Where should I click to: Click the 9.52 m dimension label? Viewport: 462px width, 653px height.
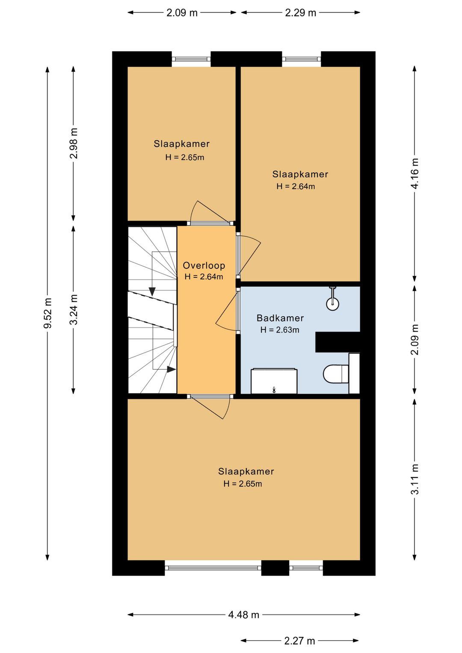[x=48, y=313]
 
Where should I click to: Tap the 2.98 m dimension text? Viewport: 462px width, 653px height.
[x=74, y=143]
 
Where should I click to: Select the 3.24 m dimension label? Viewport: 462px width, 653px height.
[x=74, y=309]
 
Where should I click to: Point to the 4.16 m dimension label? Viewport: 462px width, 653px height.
[x=415, y=173]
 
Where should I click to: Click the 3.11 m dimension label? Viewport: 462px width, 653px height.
[x=415, y=479]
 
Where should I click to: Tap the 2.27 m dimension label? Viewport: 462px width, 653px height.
[x=299, y=641]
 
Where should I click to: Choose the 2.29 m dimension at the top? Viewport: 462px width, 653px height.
[x=301, y=13]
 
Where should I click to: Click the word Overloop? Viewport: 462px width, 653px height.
[x=204, y=266]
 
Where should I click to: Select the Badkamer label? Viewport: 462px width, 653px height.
[x=280, y=318]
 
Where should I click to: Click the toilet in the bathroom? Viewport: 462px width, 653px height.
[x=336, y=374]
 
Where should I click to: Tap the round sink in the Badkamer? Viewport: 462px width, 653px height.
[x=332, y=303]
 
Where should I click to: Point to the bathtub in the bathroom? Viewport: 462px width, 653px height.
[x=274, y=381]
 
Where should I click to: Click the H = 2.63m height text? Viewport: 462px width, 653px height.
[x=280, y=329]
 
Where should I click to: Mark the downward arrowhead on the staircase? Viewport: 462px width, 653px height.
[x=152, y=291]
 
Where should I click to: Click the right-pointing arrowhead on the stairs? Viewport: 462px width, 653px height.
[x=172, y=369]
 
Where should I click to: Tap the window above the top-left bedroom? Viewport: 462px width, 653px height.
[x=191, y=59]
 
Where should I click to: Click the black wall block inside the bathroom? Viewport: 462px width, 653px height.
[x=338, y=341]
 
